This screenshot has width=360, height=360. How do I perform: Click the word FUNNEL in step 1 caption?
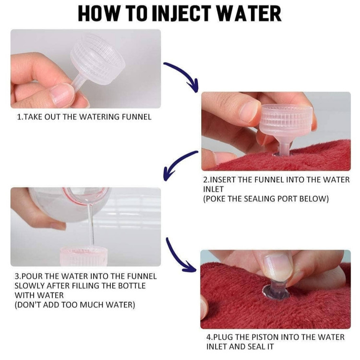(136, 117)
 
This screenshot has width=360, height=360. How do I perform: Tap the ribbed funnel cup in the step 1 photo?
(97, 59)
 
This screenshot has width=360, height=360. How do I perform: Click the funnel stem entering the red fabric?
(284, 148)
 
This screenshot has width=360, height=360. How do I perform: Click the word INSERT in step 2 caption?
(219, 180)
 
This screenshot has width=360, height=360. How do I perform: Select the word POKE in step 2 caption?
(216, 199)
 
